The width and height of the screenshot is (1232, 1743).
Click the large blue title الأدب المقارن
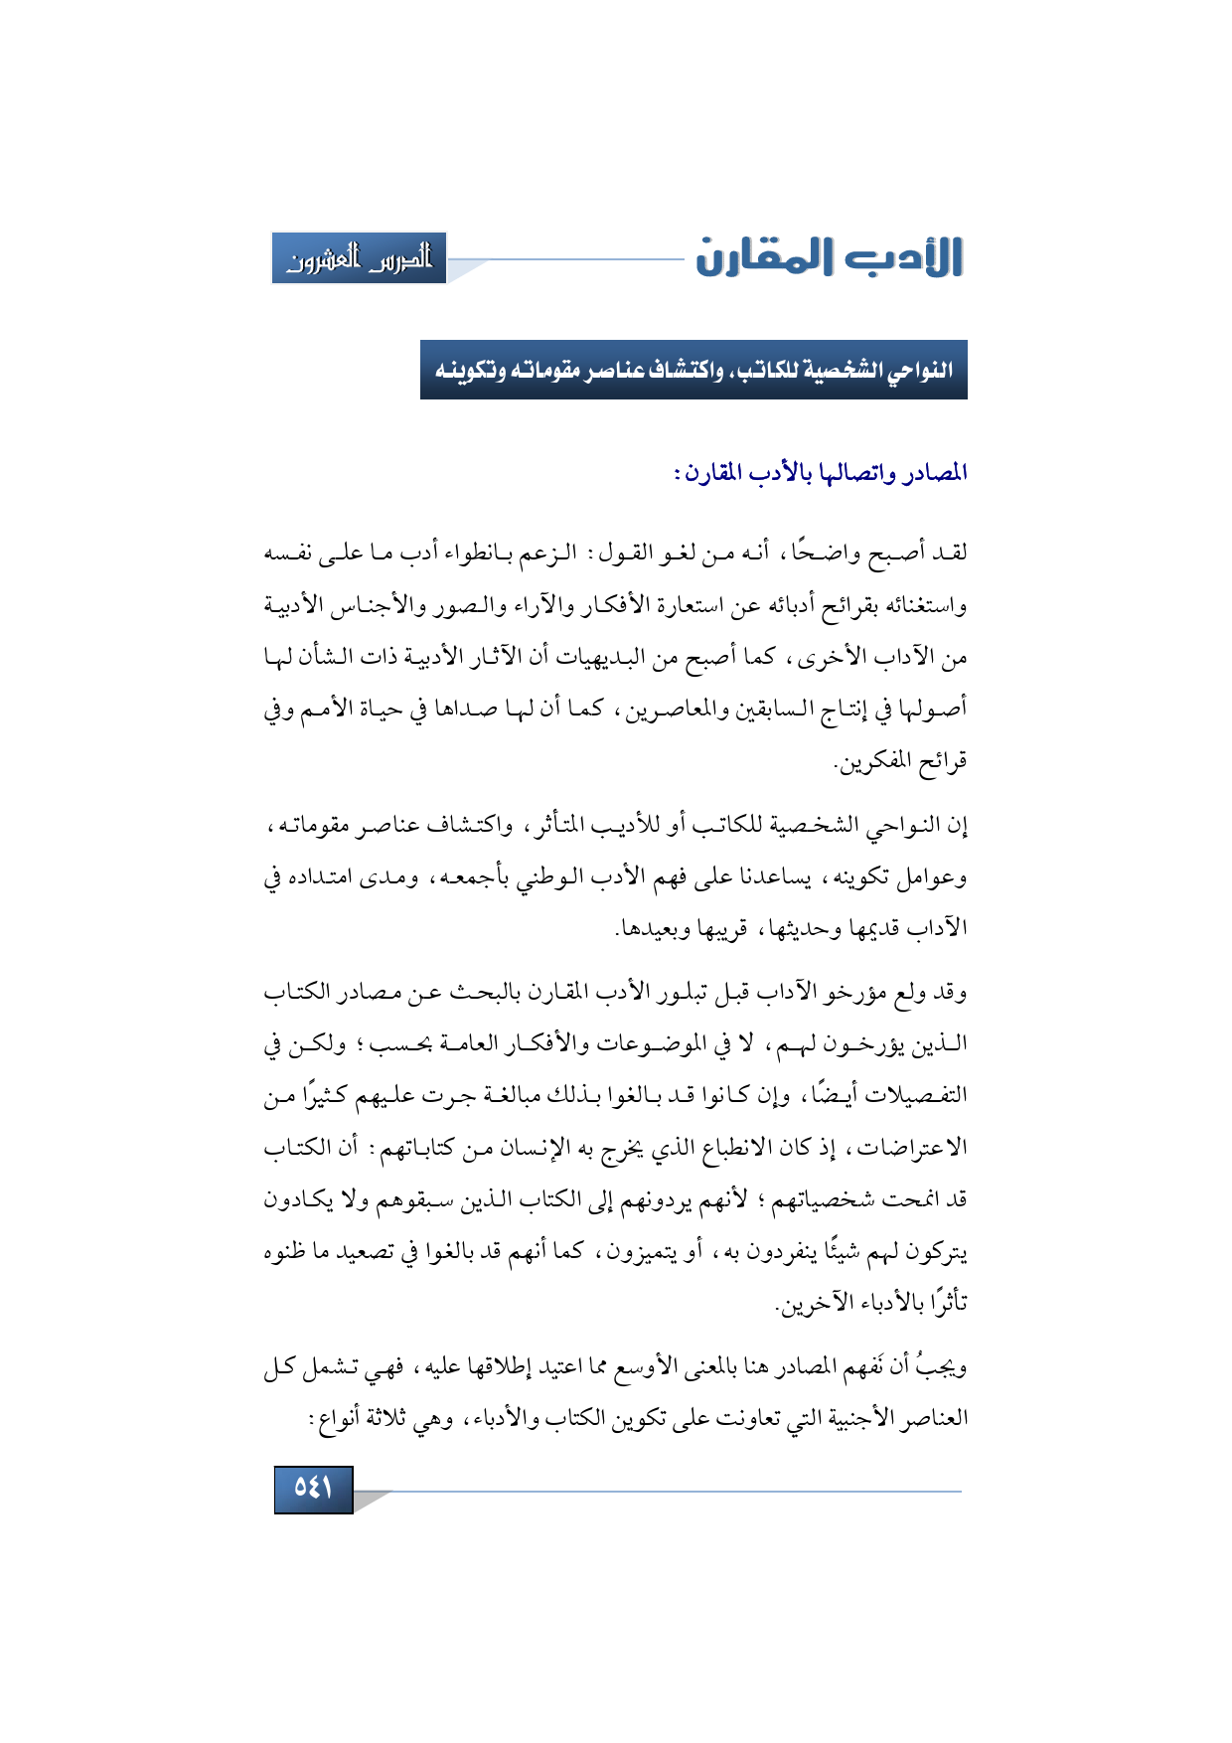(x=830, y=257)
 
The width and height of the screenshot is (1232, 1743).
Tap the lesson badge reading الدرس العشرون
(x=359, y=258)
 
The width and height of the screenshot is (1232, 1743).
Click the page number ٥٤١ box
(x=313, y=1489)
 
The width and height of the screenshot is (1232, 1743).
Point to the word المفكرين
(x=875, y=762)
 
